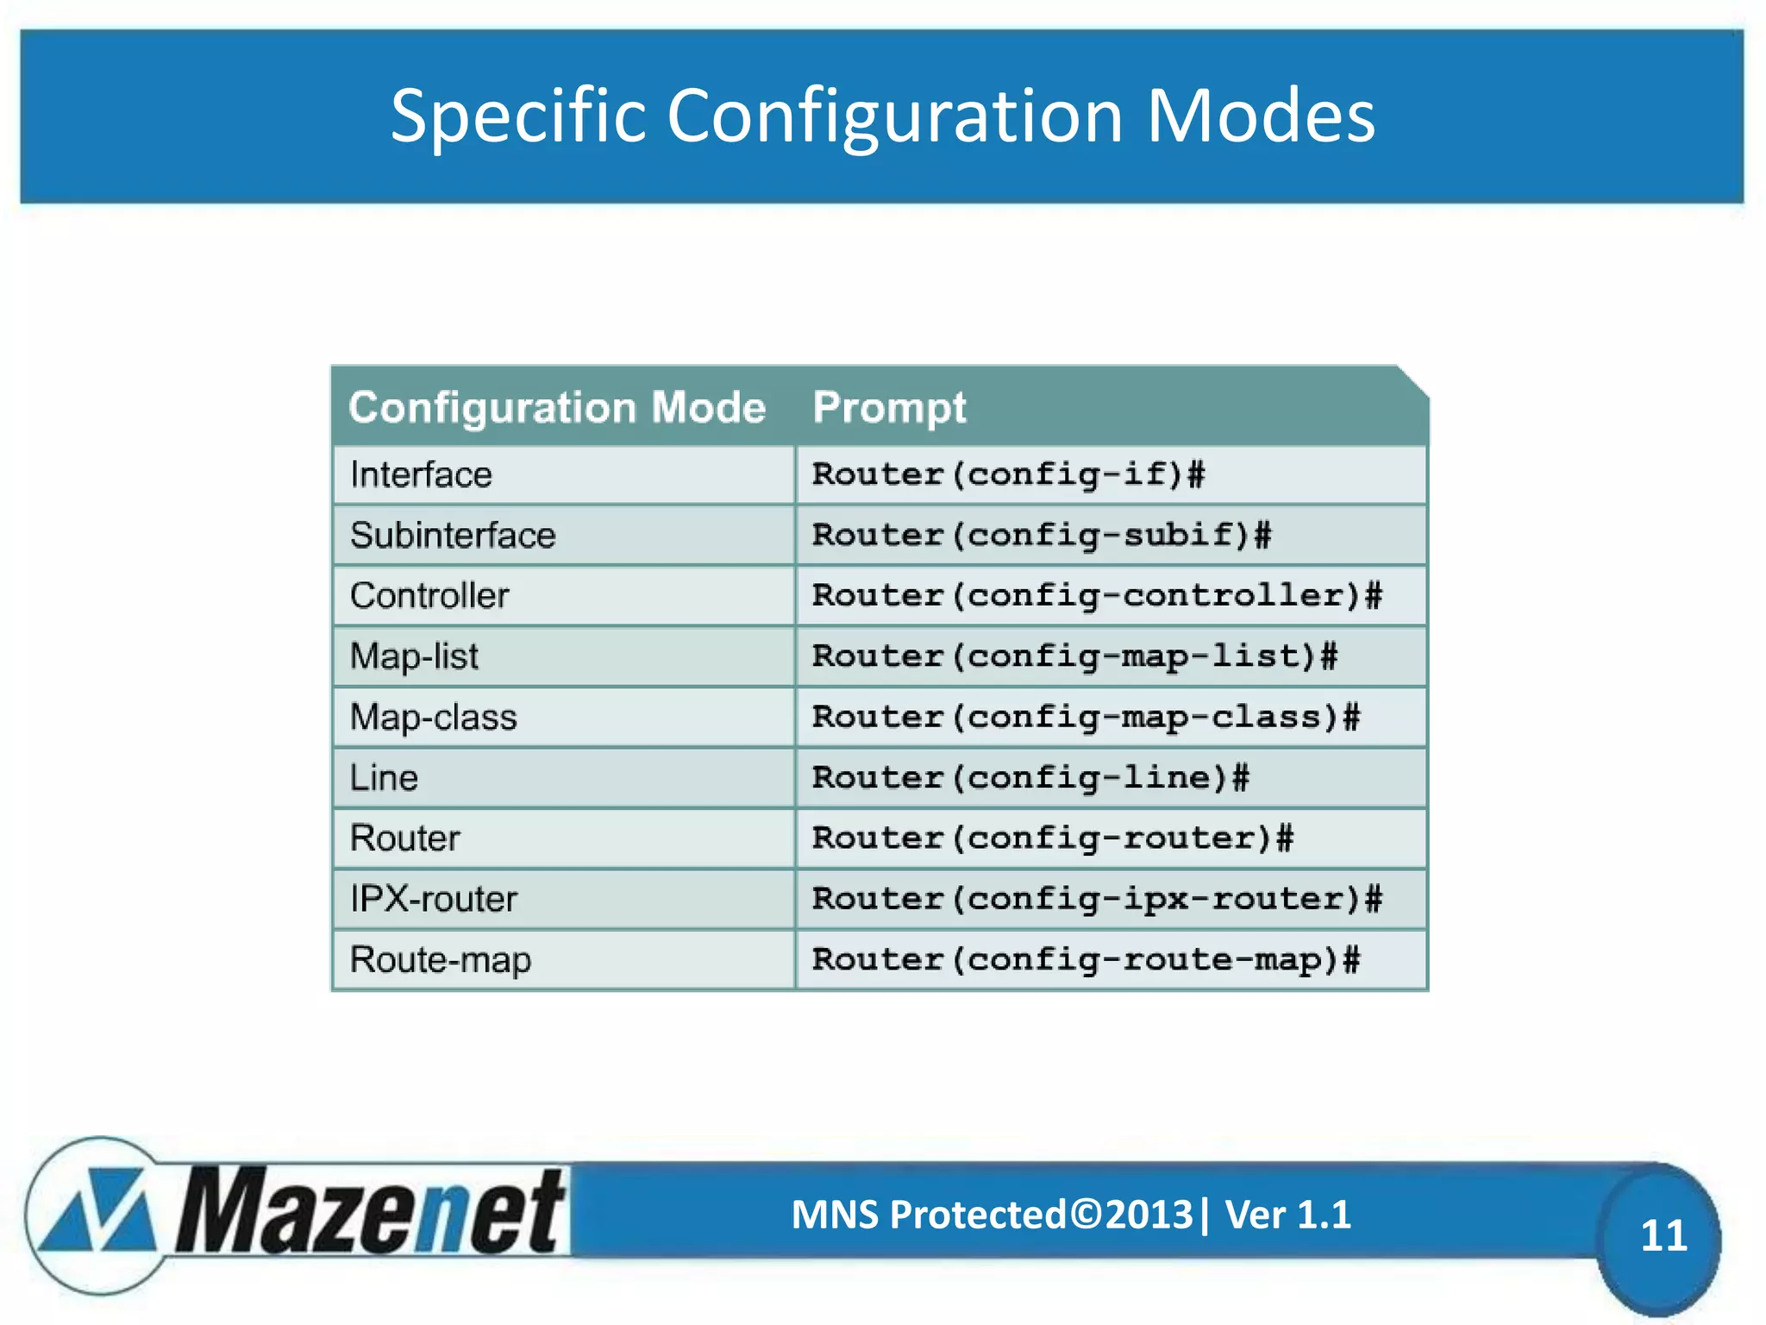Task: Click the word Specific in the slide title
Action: [x=517, y=116]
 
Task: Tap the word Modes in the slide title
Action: [x=1260, y=116]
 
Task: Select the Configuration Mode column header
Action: [x=556, y=407]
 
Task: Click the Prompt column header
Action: [x=889, y=407]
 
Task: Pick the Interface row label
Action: [x=421, y=474]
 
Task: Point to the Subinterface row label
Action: [x=453, y=535]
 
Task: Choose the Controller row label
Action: [x=429, y=595]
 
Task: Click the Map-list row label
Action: [x=414, y=656]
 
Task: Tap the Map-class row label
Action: [x=433, y=717]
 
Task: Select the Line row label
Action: [x=384, y=778]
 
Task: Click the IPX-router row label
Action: [x=433, y=899]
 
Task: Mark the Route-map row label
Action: [x=440, y=959]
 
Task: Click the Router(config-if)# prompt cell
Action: [x=1008, y=474]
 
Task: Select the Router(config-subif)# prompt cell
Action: [x=1042, y=535]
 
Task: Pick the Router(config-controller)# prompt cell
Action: [x=1097, y=595]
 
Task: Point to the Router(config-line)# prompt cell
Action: [x=1030, y=778]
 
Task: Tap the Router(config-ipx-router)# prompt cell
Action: [x=1097, y=899]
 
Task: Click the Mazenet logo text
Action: [x=371, y=1212]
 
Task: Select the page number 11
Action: [x=1663, y=1235]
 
